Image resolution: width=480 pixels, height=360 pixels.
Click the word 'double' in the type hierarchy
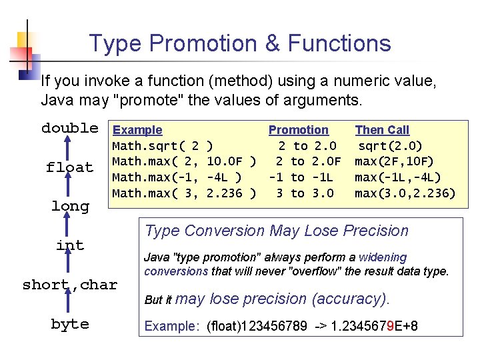coord(70,128)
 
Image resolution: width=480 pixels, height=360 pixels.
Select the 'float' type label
coord(69,167)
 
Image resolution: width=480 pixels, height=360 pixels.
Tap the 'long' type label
coord(70,206)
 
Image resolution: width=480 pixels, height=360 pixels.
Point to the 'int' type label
coord(70,245)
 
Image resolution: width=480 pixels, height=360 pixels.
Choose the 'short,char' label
coord(70,285)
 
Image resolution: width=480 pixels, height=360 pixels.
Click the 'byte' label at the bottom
coord(70,324)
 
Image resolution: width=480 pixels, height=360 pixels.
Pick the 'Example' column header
coord(137,130)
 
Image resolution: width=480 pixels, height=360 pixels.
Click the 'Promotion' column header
coord(298,130)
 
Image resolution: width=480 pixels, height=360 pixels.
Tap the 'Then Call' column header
coord(382,130)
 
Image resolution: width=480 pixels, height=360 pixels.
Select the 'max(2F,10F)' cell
coord(394,161)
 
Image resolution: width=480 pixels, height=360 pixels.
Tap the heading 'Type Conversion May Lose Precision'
coord(277,231)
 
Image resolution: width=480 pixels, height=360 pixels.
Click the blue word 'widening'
coord(382,257)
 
